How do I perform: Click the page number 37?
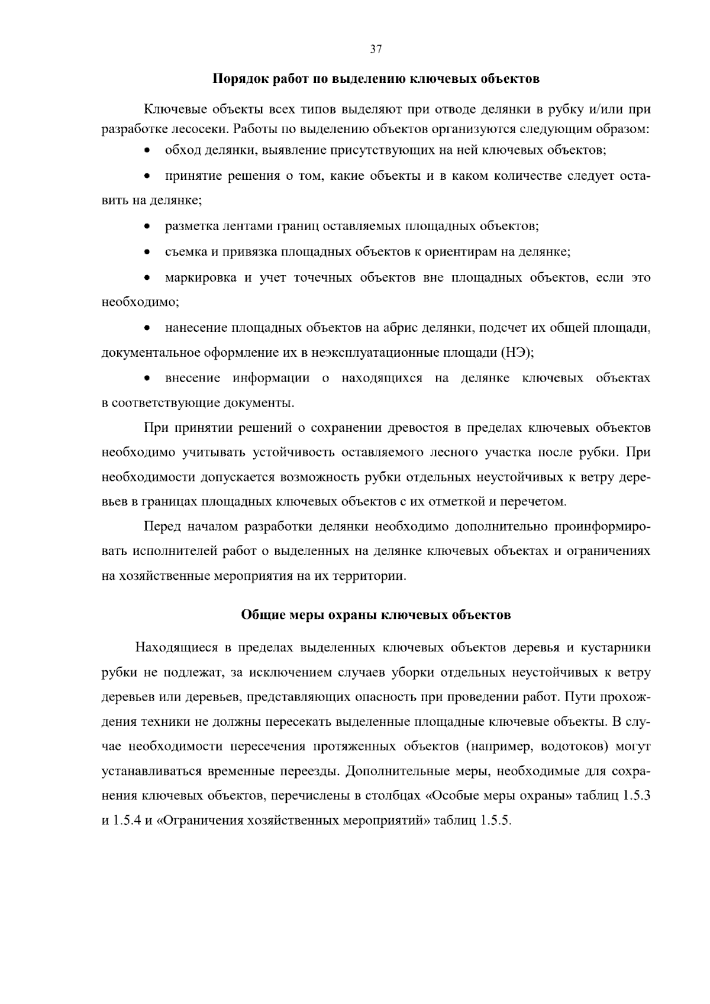click(x=376, y=50)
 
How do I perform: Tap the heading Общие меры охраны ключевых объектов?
click(x=376, y=615)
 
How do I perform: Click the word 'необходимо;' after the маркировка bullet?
click(x=140, y=302)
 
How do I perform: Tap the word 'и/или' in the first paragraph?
click(x=603, y=110)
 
